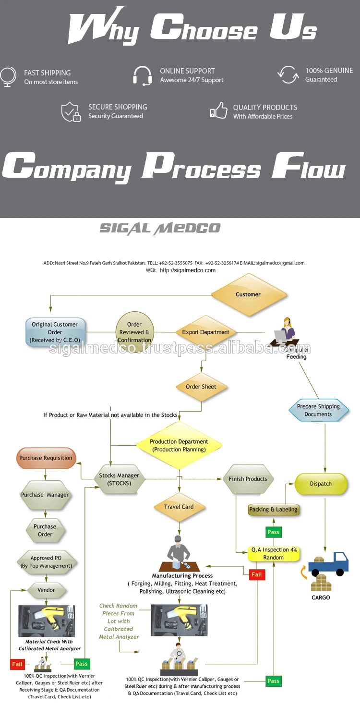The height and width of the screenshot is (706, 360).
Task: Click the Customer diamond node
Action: tap(249, 294)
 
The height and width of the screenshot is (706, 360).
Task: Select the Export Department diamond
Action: tap(205, 332)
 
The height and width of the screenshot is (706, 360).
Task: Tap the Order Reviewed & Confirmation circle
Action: tap(134, 332)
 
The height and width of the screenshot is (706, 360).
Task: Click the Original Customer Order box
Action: tap(55, 332)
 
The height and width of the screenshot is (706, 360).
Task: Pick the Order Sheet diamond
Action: tap(201, 387)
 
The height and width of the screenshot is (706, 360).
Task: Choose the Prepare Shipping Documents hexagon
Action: tap(318, 410)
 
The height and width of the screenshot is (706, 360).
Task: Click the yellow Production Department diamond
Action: tap(179, 445)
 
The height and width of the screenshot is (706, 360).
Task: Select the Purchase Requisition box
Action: tap(46, 458)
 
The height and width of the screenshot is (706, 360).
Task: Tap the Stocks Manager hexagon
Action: tap(119, 479)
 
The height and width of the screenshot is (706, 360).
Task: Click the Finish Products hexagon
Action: tap(248, 479)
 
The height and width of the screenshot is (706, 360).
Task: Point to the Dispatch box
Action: tap(321, 484)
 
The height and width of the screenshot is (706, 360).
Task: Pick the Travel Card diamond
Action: tap(179, 507)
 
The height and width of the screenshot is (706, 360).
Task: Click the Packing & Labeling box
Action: tap(274, 510)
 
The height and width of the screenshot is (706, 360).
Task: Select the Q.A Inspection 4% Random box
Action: tap(274, 554)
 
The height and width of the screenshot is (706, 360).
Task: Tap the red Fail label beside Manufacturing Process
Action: tap(257, 574)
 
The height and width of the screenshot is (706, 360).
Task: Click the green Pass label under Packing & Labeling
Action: tap(273, 532)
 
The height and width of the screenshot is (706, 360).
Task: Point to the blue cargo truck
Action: tap(328, 564)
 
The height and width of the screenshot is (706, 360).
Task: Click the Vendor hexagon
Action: tap(46, 590)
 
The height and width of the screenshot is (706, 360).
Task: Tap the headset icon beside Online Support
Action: tap(143, 76)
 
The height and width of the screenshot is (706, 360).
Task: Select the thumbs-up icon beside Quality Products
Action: tap(219, 111)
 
